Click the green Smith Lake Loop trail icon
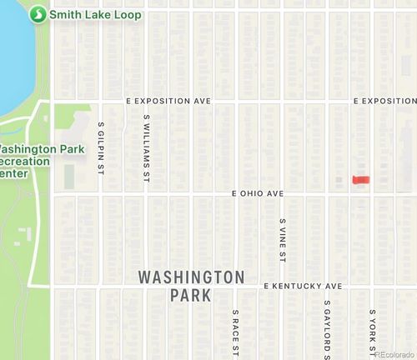point(38,15)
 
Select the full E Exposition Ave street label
point(168,100)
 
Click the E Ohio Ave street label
point(258,193)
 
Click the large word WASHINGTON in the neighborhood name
point(191,277)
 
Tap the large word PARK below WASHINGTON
point(191,296)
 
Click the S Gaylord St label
point(327,327)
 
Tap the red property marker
point(360,179)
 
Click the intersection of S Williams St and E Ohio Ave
point(147,194)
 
